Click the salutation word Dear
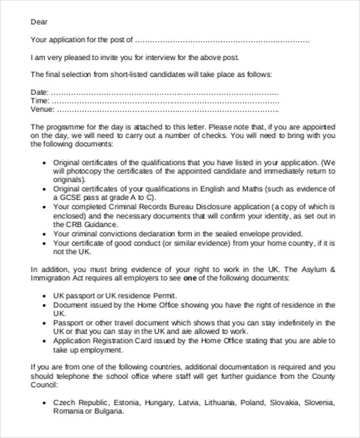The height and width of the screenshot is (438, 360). pos(39,22)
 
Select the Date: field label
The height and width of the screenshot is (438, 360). pos(39,92)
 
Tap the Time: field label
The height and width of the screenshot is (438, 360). pos(39,101)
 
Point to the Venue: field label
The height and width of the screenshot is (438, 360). pos(43,110)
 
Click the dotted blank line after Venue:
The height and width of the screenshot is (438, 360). pos(167,110)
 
